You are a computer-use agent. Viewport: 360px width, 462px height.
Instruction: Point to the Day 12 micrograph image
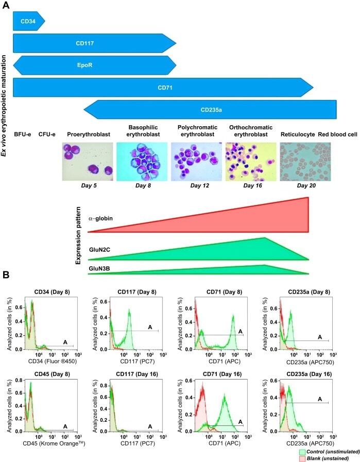point(195,162)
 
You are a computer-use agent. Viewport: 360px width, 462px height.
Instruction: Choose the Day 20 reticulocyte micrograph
point(305,162)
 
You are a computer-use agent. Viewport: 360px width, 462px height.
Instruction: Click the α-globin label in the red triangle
point(100,218)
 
